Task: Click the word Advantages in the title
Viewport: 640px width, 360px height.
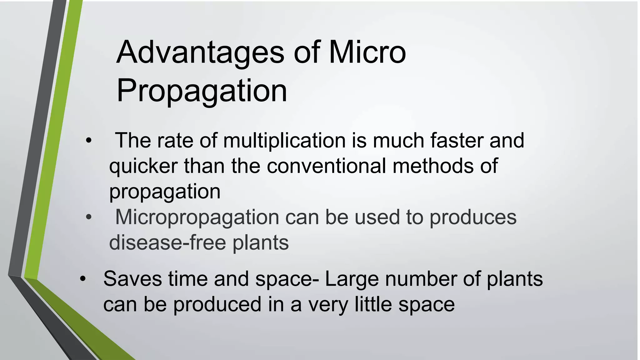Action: (200, 52)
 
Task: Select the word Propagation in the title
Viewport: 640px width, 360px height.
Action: (202, 91)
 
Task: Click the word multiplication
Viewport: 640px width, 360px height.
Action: (284, 140)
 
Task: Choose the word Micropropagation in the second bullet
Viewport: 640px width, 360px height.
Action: (197, 217)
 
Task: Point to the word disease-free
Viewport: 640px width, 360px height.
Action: (167, 242)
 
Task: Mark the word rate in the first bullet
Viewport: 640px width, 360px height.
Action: (175, 141)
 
